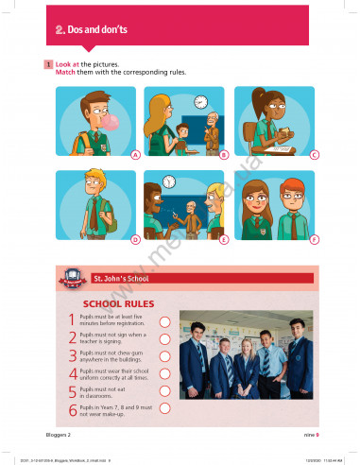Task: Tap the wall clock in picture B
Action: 199,101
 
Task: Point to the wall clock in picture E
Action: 168,181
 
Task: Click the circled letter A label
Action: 136,153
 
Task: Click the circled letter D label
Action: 136,239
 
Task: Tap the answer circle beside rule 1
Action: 163,321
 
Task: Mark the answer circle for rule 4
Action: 163,373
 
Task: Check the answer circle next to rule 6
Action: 163,408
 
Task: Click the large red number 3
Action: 72,356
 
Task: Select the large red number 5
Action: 72,391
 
